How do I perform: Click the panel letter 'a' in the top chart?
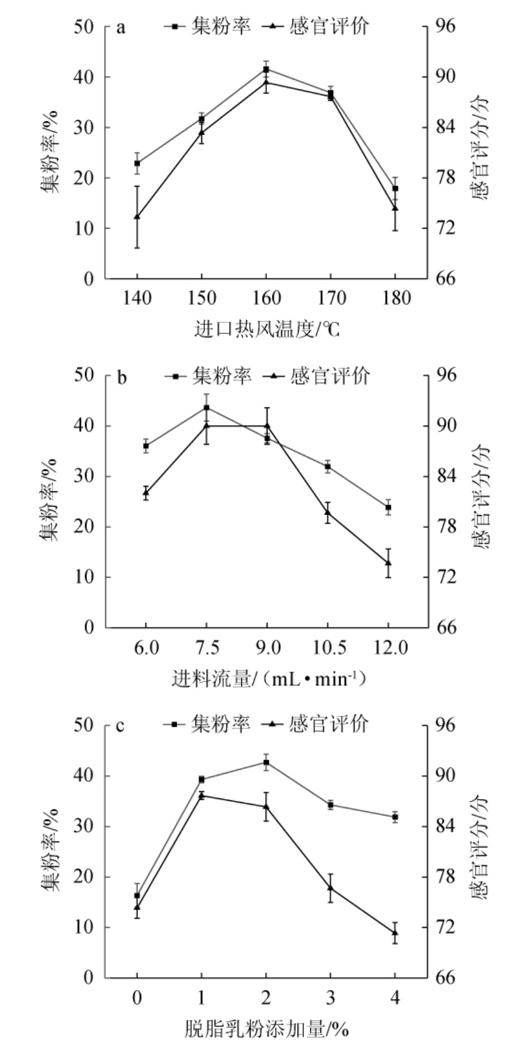pyautogui.click(x=121, y=29)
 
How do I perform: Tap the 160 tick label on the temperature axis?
pyautogui.click(x=266, y=298)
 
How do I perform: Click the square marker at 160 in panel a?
pyautogui.click(x=266, y=70)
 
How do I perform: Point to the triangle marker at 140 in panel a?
pyautogui.click(x=137, y=216)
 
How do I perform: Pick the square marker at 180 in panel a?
pyautogui.click(x=395, y=189)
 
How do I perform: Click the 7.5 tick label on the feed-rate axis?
pyautogui.click(x=206, y=647)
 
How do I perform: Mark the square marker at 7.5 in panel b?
pyautogui.click(x=206, y=407)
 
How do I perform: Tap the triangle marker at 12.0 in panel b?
pyautogui.click(x=388, y=563)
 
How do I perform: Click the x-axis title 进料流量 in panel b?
pyautogui.click(x=268, y=678)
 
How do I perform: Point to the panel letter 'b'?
pyautogui.click(x=122, y=378)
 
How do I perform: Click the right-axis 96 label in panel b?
pyautogui.click(x=446, y=376)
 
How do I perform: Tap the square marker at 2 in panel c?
pyautogui.click(x=266, y=763)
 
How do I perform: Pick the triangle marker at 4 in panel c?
pyautogui.click(x=395, y=932)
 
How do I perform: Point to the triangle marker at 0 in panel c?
pyautogui.click(x=137, y=907)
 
